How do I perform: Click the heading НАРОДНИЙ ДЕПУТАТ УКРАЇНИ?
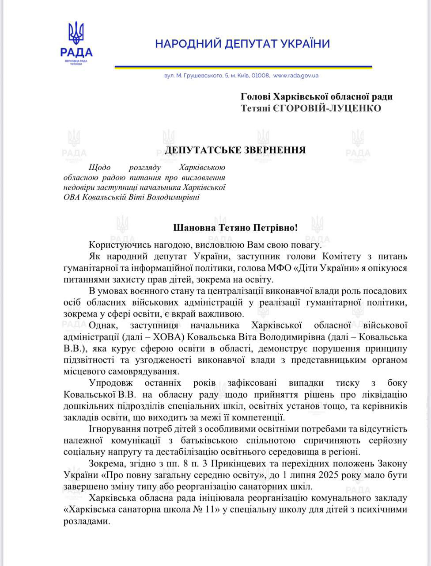pyautogui.click(x=242, y=44)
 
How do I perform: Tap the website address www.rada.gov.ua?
pyautogui.click(x=296, y=76)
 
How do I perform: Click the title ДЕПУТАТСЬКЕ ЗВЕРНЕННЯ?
pyautogui.click(x=235, y=150)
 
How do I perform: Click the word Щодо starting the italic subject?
pyautogui.click(x=99, y=168)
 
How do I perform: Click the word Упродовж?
pyautogui.click(x=110, y=383)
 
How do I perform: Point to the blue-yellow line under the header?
pyautogui.click(x=243, y=67)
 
